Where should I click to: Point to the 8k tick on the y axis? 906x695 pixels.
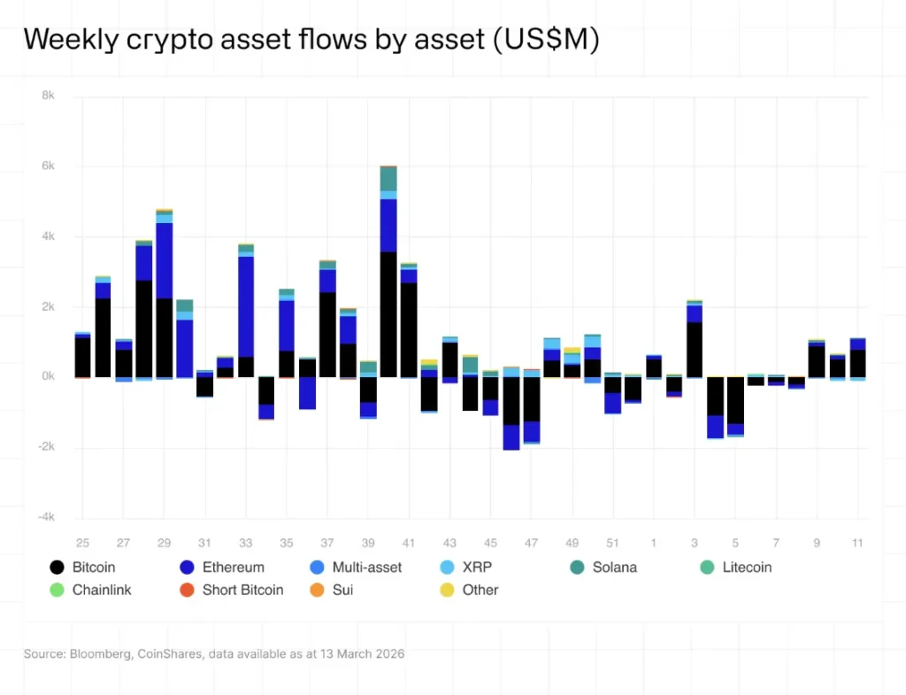(48, 96)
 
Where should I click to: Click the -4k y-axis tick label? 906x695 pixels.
(46, 517)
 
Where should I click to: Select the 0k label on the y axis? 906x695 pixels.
(48, 376)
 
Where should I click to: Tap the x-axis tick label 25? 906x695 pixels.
(82, 542)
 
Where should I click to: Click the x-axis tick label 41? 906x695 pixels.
(408, 542)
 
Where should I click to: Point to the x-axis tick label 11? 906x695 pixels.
(856, 542)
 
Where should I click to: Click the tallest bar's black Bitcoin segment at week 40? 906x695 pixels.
(388, 314)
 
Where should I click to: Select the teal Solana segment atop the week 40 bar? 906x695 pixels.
(388, 178)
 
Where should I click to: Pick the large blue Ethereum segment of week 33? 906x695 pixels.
(246, 306)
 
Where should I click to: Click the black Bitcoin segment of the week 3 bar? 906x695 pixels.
(694, 350)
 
